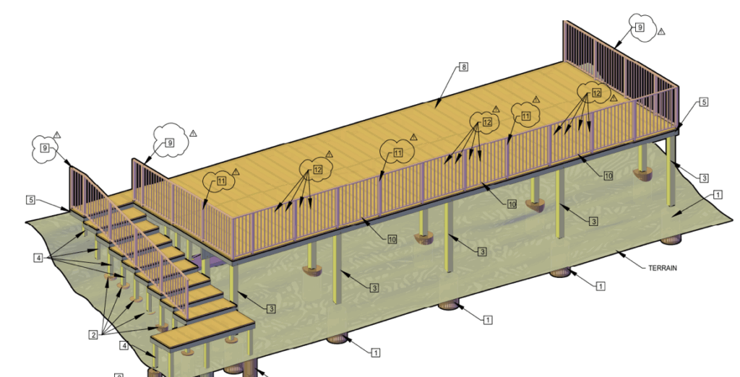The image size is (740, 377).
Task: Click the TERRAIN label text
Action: tap(662, 268)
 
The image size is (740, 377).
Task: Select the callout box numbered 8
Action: tap(463, 67)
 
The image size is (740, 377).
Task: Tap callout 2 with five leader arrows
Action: tap(93, 335)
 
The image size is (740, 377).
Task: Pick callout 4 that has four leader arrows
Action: tap(38, 258)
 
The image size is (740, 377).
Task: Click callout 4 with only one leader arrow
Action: tap(124, 346)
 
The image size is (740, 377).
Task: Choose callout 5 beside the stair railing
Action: tap(30, 200)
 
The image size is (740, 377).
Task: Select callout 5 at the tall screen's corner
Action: tap(703, 102)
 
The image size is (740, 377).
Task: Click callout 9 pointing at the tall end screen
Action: tap(640, 27)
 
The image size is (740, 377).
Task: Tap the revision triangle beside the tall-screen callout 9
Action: tap(661, 32)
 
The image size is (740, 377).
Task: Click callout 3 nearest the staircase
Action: tap(271, 309)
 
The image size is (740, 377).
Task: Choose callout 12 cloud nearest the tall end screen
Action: tap(596, 93)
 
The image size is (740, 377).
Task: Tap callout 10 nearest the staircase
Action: tap(392, 239)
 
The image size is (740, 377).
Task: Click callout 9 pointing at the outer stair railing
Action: tap(45, 148)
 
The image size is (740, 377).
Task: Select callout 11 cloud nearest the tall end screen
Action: tap(526, 116)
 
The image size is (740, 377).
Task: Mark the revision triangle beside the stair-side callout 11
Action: tap(236, 172)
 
